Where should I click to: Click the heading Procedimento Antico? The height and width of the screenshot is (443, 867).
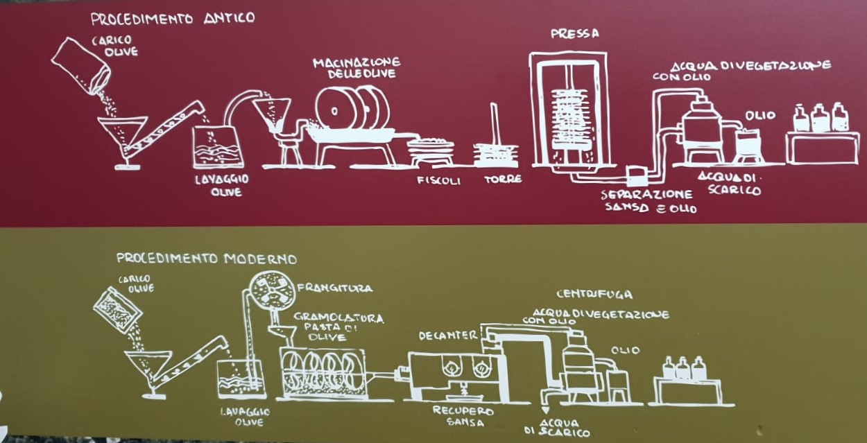pos(172,18)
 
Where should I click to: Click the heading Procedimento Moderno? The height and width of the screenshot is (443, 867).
pos(206,259)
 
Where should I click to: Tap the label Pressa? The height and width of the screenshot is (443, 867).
pos(574,33)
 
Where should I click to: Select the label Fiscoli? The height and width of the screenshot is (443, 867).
pos(435,180)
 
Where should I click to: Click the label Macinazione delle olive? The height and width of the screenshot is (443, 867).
pos(356,68)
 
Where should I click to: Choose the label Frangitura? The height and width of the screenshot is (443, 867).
pos(334,288)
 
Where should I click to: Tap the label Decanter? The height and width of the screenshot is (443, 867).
pos(448,336)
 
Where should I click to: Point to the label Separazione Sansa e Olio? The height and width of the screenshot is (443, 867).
pos(649,200)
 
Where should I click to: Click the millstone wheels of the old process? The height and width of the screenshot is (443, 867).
pos(351,109)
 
